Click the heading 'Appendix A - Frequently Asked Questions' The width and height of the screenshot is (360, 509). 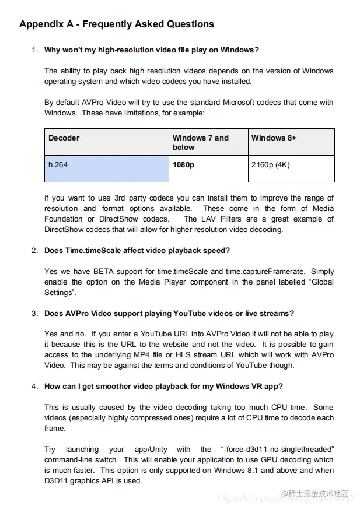point(116,24)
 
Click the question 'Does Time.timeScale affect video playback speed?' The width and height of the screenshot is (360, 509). point(137,251)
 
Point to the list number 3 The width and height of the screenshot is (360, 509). point(35,314)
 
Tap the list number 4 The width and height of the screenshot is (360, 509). point(35,386)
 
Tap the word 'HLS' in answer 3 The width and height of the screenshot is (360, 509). point(214,355)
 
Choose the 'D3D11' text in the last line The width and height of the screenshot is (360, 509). point(57,481)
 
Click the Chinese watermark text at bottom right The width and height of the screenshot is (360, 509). point(318,494)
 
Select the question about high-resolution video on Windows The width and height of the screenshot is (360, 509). point(152,50)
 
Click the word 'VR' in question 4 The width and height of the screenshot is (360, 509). point(260,386)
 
